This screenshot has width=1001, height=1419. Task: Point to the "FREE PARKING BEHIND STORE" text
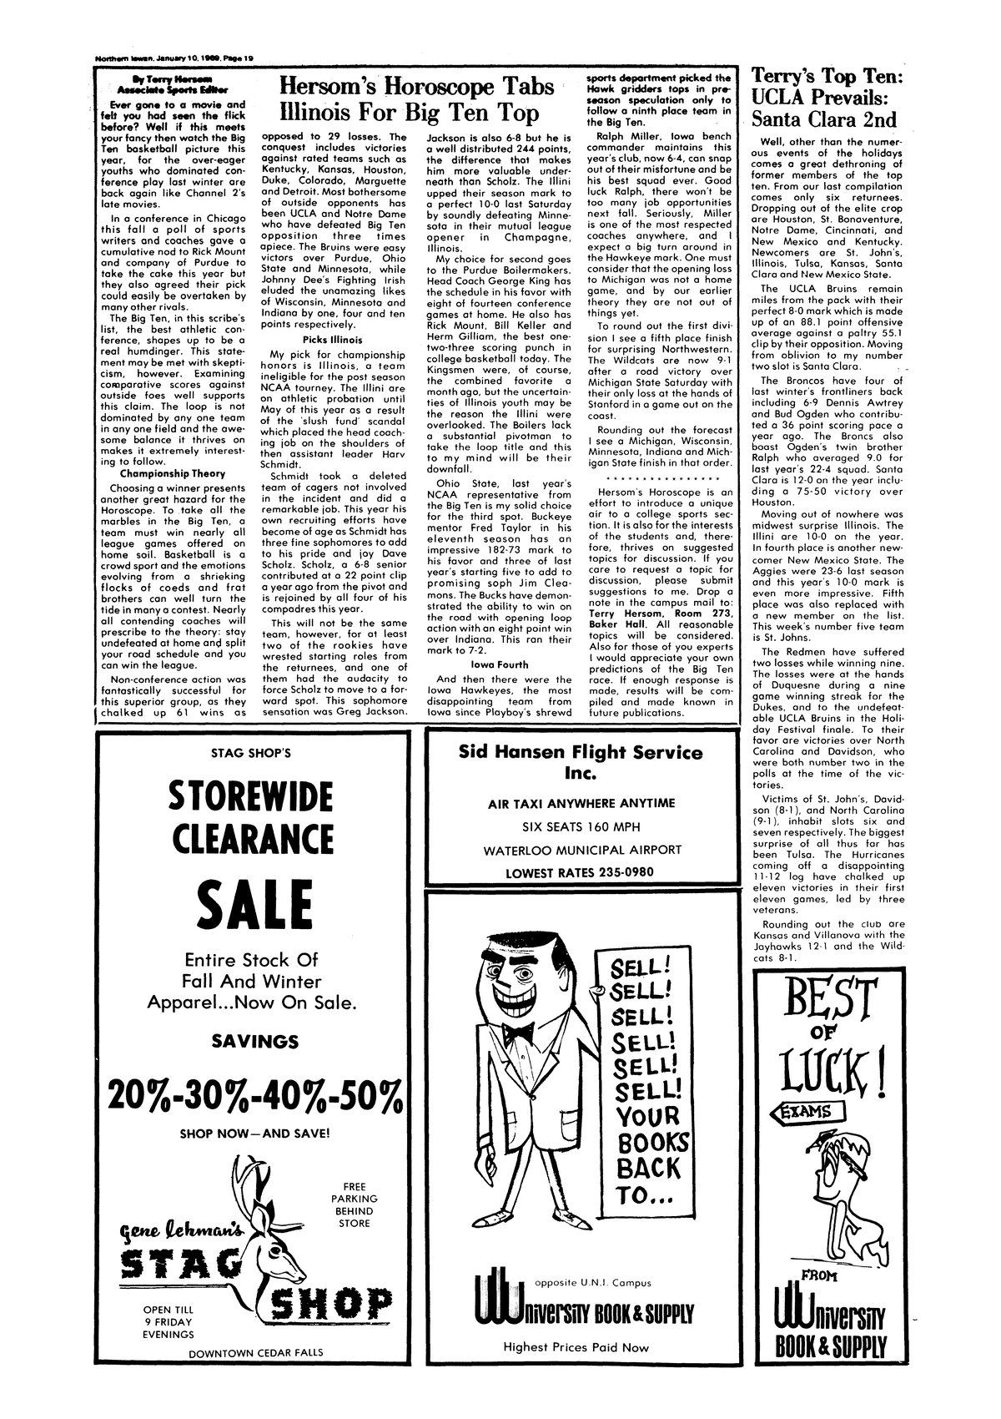[360, 1204]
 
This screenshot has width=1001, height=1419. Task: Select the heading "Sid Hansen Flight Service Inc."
[581, 762]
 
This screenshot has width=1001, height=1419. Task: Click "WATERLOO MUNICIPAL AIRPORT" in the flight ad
[581, 850]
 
